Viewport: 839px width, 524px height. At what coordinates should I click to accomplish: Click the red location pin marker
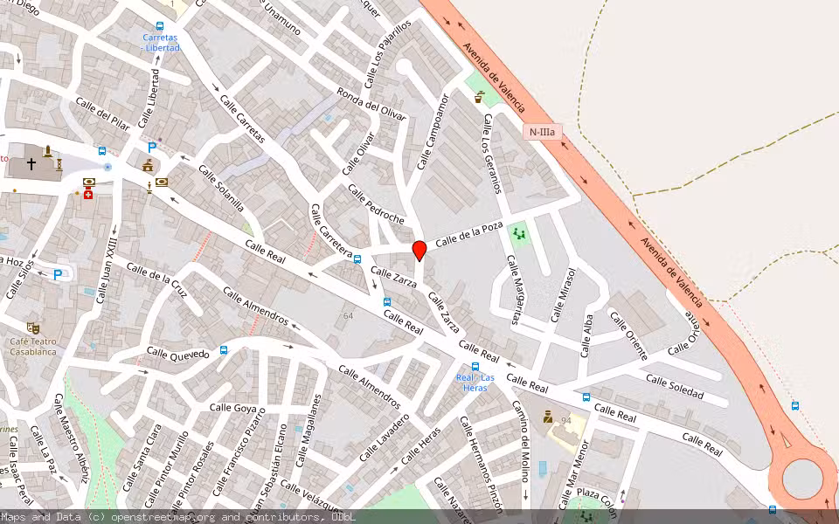419,251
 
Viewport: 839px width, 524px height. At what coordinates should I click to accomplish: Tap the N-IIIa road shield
543,132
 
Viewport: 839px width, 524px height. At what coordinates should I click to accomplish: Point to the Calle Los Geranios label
492,154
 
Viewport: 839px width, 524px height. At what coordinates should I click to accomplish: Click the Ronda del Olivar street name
372,107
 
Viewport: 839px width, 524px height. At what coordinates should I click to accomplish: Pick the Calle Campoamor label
433,132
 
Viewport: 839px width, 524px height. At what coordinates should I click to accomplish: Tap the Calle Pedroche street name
376,204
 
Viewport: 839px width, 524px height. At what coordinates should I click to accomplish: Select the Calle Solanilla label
221,189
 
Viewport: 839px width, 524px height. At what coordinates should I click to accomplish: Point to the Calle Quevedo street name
178,354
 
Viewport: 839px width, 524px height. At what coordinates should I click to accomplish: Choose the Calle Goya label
233,408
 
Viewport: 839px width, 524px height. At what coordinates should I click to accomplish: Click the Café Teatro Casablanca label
33,346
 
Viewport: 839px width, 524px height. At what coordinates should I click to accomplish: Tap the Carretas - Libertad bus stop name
161,43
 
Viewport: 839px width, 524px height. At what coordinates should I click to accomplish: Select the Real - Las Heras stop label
475,383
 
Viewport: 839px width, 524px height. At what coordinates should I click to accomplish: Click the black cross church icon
31,163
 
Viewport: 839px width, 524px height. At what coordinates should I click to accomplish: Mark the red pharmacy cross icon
88,195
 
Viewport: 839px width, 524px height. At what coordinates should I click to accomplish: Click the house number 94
566,421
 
